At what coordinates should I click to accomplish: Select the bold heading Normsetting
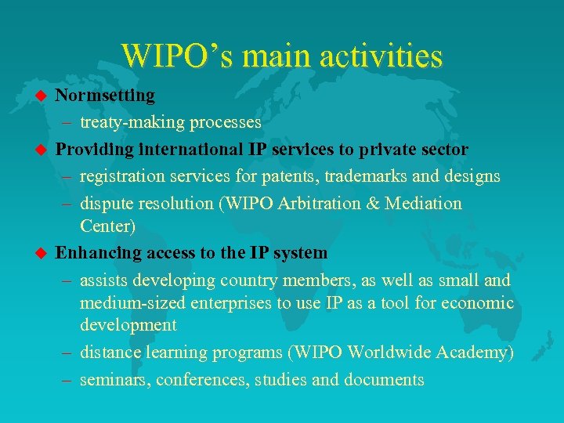click(x=105, y=96)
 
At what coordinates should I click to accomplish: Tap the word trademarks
click(x=363, y=176)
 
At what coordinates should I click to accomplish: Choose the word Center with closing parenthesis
click(x=107, y=226)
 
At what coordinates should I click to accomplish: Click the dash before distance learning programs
click(x=67, y=352)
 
